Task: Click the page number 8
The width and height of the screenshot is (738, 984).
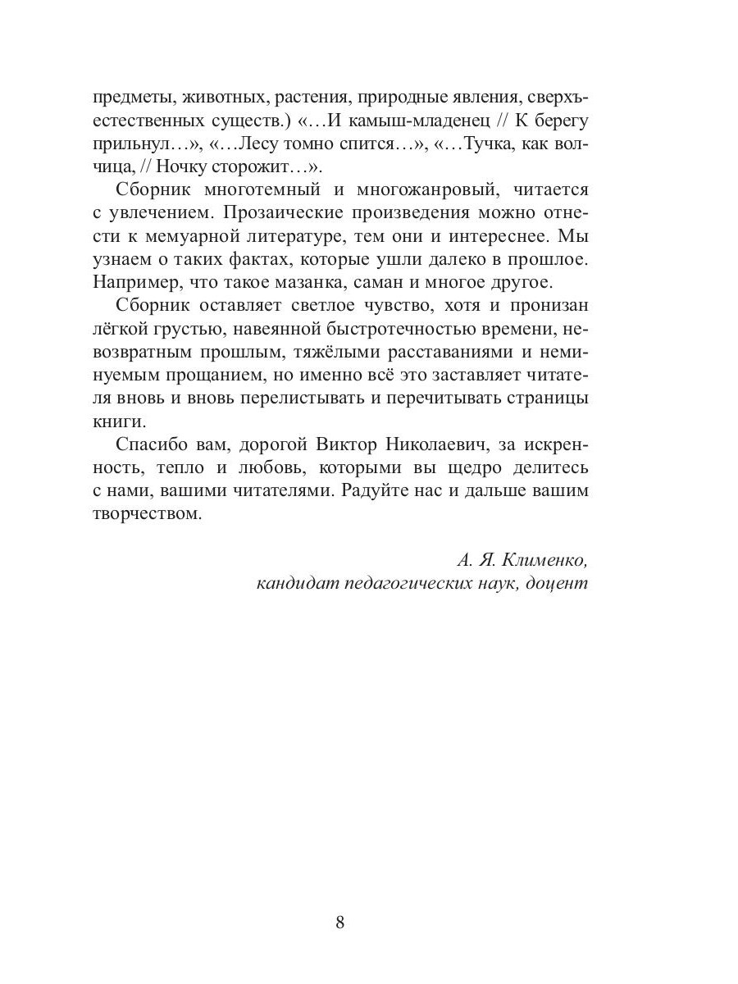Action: (340, 922)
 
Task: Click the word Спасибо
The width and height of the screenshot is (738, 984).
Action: (153, 444)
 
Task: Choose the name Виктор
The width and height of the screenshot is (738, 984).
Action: (348, 444)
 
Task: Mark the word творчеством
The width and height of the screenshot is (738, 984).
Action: (144, 515)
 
